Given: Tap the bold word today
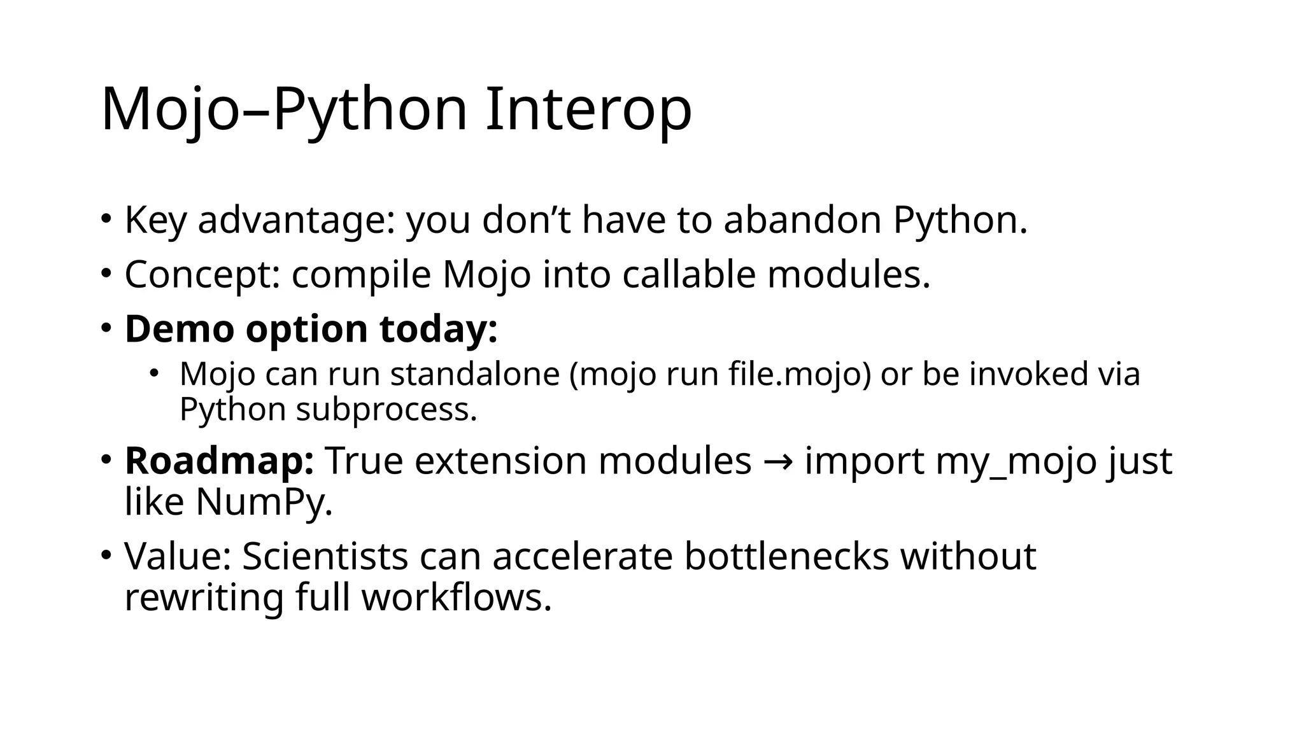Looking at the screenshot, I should coord(438,329).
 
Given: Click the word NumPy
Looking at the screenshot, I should coord(264,502).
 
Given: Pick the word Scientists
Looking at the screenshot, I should coord(325,556).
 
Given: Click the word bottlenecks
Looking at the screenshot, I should coord(786,556).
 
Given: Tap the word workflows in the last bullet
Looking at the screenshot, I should coord(456,597).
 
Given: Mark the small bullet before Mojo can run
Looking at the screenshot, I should coord(153,373).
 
